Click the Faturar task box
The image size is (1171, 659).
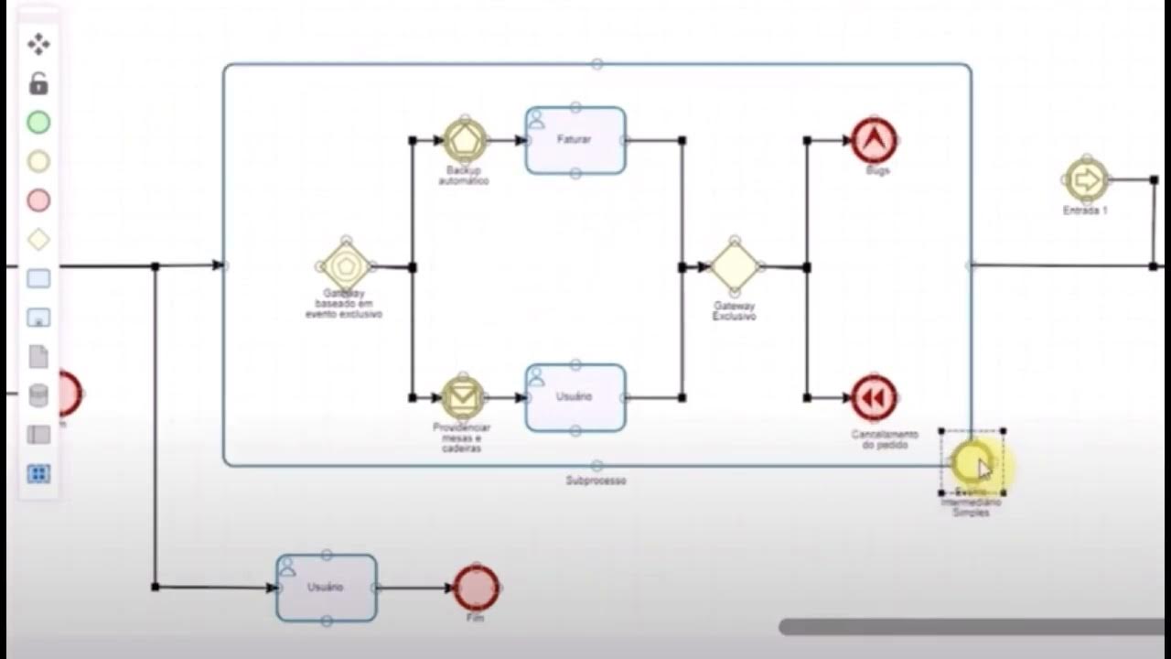tap(575, 141)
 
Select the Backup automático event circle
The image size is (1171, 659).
tap(464, 140)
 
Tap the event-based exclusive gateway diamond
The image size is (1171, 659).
tap(346, 266)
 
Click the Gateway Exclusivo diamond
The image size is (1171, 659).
tap(735, 266)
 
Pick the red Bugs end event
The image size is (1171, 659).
tap(874, 141)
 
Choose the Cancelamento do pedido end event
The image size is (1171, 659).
tap(874, 398)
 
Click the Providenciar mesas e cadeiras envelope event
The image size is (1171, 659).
tap(464, 397)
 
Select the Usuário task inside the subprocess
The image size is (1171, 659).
tap(575, 397)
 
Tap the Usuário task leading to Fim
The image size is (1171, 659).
tap(327, 588)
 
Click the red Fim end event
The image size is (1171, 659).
tap(477, 588)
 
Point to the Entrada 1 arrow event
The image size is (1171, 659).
tap(1086, 180)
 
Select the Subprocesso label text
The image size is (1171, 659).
tap(596, 481)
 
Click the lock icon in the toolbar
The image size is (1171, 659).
tap(38, 84)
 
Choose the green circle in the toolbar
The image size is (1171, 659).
tap(38, 123)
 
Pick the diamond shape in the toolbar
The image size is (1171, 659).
tap(38, 240)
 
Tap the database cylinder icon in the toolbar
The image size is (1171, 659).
tap(38, 395)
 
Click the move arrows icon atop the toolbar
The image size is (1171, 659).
tap(38, 44)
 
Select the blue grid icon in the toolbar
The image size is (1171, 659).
tap(38, 474)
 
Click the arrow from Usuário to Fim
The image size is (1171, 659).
tap(415, 588)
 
